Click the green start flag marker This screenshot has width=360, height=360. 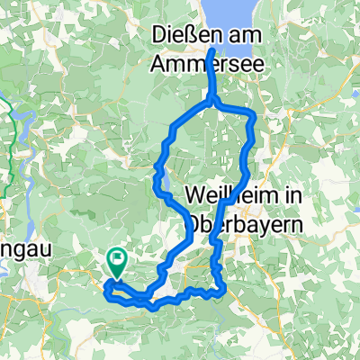(117, 262)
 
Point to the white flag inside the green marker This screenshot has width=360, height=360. (117, 259)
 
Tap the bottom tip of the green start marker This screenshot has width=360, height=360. (117, 275)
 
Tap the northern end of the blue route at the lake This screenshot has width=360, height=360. (211, 51)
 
